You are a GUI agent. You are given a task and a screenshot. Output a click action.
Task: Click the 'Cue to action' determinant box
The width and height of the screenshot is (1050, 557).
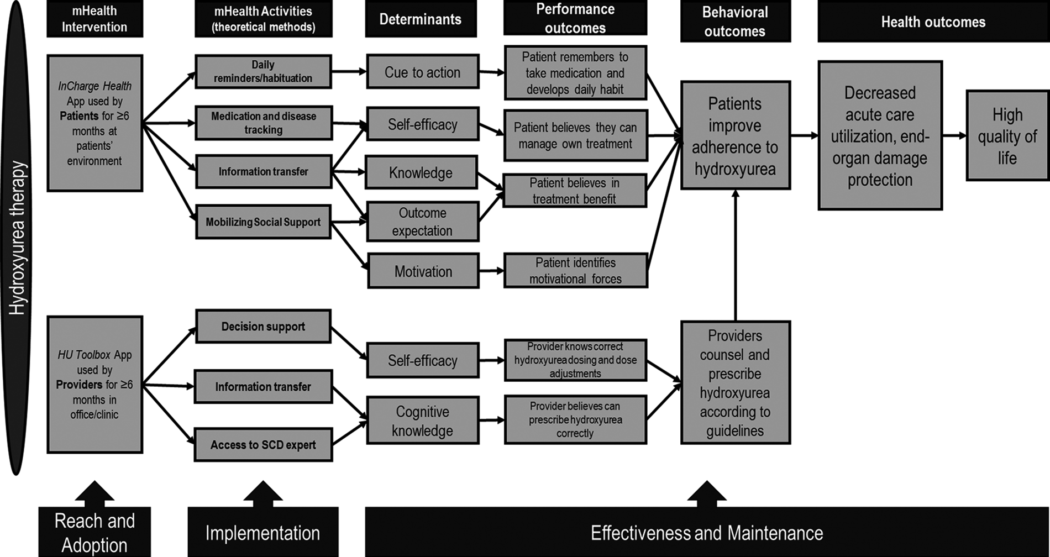(x=422, y=72)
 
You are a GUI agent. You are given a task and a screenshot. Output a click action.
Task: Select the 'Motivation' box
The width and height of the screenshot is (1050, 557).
(x=423, y=271)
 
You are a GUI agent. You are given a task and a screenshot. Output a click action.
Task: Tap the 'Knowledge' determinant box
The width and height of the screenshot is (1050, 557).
(x=421, y=172)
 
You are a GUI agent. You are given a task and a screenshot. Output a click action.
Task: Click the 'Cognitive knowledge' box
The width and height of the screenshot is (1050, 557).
(x=422, y=421)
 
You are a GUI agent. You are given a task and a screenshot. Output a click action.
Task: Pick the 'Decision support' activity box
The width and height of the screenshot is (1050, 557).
(x=263, y=327)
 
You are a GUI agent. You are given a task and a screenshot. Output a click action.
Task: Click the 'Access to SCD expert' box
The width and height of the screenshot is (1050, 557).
(x=263, y=445)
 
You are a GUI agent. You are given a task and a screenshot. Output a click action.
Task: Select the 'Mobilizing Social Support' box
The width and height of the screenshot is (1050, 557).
(x=263, y=222)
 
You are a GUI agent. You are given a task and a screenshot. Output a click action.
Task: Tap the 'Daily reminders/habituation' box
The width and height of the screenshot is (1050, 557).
(x=263, y=71)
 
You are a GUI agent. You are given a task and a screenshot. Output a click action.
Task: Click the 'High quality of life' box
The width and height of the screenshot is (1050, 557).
(x=1007, y=136)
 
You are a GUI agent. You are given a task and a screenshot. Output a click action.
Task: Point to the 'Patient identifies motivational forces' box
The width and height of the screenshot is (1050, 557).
(x=575, y=271)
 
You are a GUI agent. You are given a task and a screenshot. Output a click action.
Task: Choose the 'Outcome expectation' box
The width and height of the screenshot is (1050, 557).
(x=422, y=222)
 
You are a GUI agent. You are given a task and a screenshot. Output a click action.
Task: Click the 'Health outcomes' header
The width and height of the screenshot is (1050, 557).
(x=933, y=22)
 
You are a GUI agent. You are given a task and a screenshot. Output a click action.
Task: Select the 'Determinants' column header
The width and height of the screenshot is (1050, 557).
(x=420, y=19)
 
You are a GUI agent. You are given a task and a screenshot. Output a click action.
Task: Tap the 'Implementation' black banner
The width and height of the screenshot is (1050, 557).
(x=262, y=533)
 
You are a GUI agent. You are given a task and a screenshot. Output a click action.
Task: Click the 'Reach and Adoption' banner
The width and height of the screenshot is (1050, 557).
(x=95, y=532)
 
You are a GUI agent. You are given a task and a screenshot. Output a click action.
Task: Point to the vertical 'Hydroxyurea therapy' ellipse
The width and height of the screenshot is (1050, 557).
(x=17, y=238)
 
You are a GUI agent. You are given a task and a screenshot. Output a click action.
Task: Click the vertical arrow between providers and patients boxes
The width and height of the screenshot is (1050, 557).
(x=735, y=254)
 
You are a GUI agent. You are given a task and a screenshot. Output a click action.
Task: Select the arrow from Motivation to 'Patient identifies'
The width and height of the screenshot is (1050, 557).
(x=491, y=271)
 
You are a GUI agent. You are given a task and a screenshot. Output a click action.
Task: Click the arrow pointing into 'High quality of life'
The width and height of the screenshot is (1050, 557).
(x=954, y=135)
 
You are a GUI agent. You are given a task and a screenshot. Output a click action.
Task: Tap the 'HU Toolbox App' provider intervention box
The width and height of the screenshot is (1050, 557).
(x=95, y=385)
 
